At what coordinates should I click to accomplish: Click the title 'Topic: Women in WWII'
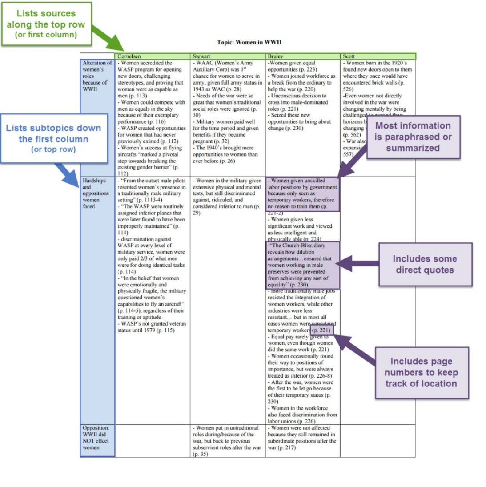point(249,42)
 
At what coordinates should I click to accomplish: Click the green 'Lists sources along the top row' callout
point(46,24)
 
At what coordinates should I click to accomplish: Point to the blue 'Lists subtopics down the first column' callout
point(53,138)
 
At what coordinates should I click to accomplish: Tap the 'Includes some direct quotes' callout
point(424,264)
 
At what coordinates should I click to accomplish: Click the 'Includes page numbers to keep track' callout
point(421,372)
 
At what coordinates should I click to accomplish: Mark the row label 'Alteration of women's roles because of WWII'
point(97,76)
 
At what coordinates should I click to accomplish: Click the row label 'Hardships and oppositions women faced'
point(95,193)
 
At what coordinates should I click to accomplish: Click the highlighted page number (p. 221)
point(321,330)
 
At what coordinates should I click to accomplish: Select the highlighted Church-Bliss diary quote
point(302,265)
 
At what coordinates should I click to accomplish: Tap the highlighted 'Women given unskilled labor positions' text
point(302,193)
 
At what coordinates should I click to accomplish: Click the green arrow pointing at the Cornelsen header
point(109,40)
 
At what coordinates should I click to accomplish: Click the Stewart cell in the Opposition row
point(227,441)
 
